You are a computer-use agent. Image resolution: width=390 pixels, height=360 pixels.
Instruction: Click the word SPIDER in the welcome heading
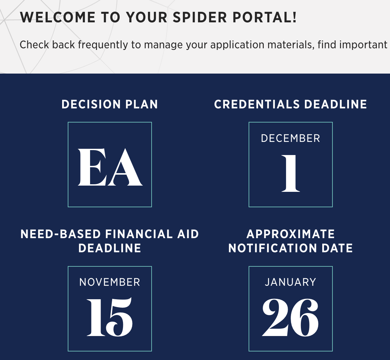(x=200, y=17)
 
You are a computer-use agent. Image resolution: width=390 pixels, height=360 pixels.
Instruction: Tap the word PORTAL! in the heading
(x=265, y=17)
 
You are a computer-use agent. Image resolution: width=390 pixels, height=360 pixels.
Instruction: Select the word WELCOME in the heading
(x=58, y=17)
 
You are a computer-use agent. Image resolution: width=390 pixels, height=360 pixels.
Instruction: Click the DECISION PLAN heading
(x=110, y=104)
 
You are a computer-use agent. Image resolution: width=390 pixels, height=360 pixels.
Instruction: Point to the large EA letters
(x=110, y=167)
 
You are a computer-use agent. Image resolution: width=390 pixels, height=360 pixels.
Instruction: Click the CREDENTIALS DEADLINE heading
(x=290, y=104)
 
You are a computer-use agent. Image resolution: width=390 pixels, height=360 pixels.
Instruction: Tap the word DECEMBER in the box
(x=290, y=138)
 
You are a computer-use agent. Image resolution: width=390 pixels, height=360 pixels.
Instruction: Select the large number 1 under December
(x=290, y=173)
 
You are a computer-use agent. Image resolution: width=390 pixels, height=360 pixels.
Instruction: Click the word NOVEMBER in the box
(x=110, y=282)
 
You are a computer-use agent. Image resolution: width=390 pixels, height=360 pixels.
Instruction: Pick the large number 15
(x=110, y=317)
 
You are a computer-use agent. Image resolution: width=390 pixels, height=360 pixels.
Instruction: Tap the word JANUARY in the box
(x=290, y=282)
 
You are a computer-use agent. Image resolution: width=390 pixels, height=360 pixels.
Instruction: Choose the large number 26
(x=290, y=317)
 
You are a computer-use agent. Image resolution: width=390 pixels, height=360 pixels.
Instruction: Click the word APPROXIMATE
(x=291, y=234)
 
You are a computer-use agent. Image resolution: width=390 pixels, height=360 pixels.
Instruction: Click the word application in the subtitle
(x=237, y=45)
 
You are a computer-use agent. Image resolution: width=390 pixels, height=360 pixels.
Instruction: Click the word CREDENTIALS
(x=257, y=104)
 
